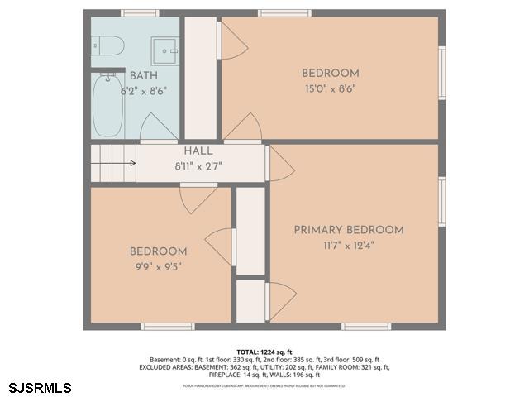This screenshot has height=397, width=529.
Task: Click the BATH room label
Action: tap(143, 76)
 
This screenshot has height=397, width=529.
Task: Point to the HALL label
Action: tap(198, 151)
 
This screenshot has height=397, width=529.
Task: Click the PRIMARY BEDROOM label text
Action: tap(349, 230)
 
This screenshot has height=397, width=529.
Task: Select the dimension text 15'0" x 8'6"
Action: tap(330, 88)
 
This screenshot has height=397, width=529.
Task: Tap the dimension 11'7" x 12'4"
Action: tap(349, 245)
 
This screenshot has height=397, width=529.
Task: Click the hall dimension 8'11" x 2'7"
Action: tap(198, 166)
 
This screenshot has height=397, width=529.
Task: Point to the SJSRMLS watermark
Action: tap(39, 387)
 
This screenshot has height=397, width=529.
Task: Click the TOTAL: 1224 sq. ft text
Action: tap(264, 352)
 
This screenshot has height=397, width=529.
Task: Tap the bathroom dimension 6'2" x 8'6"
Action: tap(143, 91)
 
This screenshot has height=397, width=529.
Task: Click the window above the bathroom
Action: tap(140, 12)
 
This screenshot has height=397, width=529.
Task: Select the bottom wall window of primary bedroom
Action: tap(366, 327)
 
